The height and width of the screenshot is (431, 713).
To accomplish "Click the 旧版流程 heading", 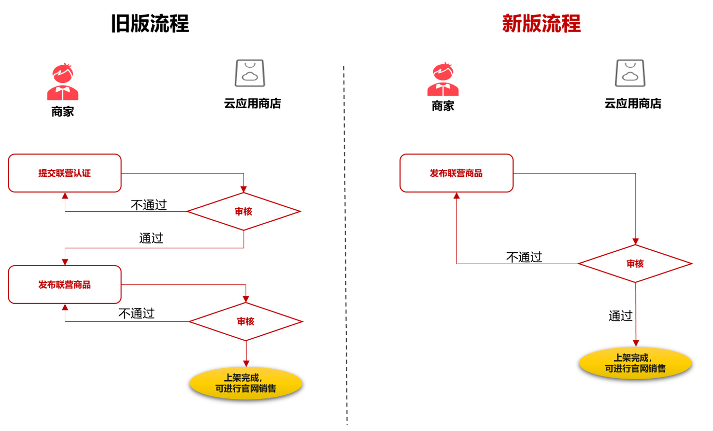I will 150,24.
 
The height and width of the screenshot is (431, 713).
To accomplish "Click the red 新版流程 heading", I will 541,24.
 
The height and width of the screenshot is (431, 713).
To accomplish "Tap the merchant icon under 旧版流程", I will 63,82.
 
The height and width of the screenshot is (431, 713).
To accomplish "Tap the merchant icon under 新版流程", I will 443,79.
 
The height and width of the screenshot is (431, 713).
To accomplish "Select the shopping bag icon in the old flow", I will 250,73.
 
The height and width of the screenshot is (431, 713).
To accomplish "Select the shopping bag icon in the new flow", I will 630,73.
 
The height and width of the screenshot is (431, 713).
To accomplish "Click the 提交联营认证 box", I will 65,173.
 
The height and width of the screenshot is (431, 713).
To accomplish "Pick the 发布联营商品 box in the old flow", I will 65,285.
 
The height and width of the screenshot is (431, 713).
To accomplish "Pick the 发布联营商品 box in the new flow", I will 456,173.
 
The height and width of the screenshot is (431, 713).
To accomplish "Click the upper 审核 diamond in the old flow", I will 244,212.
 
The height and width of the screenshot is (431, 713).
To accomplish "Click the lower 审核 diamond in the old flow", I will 246,322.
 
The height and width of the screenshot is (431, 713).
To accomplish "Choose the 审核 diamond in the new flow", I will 635,264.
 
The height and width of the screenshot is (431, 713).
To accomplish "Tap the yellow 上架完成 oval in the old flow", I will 246,383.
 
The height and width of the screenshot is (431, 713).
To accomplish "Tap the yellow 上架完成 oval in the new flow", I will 635,363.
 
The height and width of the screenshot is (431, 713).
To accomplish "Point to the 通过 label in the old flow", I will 151,238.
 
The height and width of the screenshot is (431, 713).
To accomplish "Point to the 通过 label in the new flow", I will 621,316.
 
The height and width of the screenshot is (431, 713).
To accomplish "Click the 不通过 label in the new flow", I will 524,257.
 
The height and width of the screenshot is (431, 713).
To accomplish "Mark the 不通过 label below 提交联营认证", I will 149,205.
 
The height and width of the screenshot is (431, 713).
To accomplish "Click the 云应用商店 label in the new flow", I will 632,104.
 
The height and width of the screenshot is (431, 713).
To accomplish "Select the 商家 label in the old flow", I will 63,112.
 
